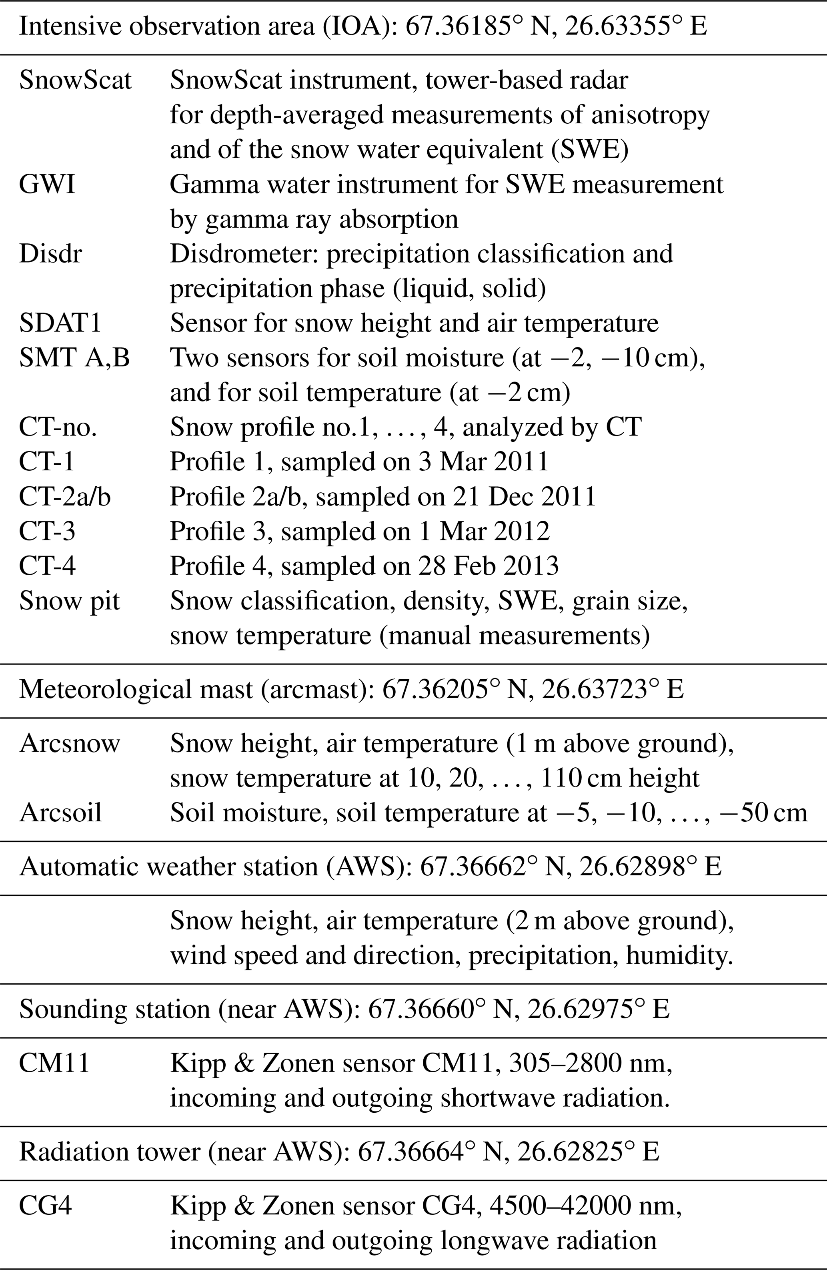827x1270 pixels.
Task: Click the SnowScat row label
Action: (75, 80)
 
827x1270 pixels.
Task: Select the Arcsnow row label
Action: (70, 743)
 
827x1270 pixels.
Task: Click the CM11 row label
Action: (54, 1063)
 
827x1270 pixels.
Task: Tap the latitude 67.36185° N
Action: (477, 27)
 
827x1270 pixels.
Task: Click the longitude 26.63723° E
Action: (613, 689)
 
